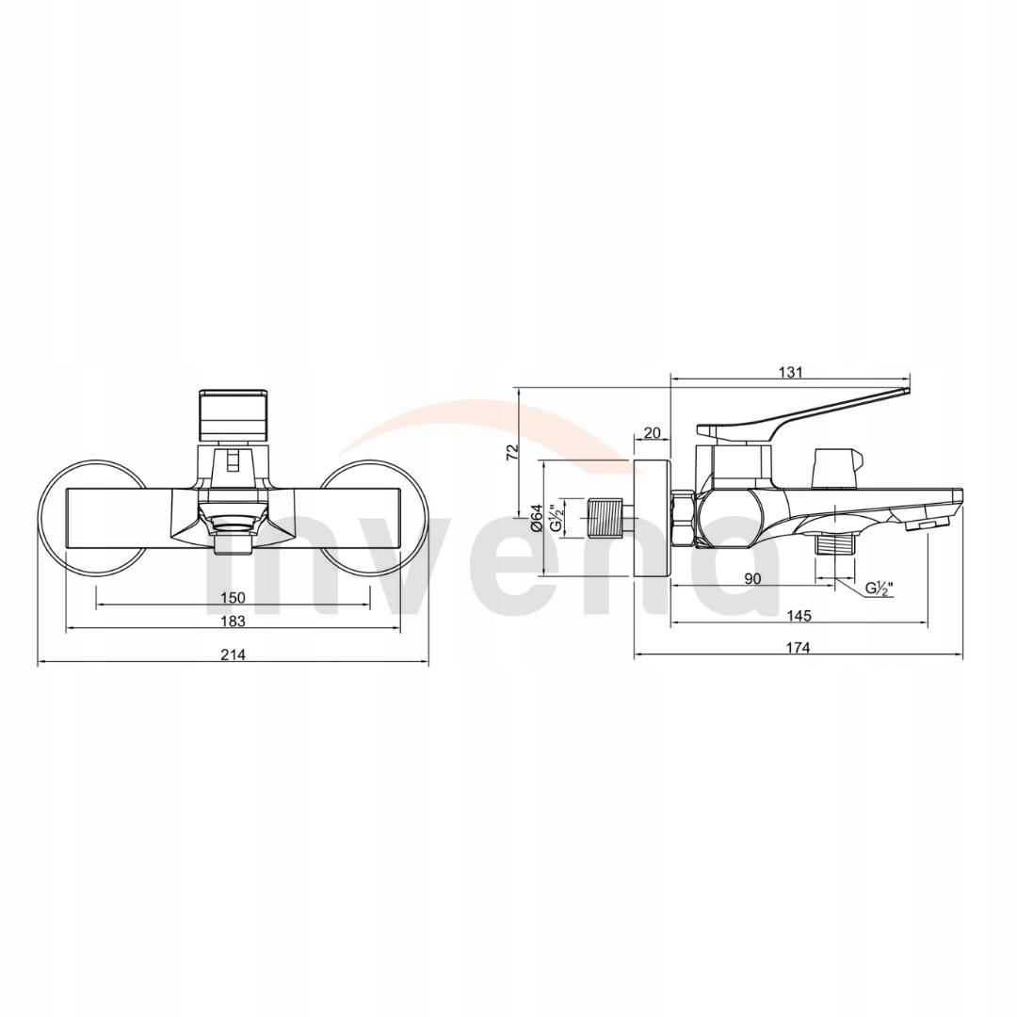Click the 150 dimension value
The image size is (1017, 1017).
point(233,597)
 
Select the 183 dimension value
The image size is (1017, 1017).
point(233,621)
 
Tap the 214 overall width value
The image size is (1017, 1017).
point(233,655)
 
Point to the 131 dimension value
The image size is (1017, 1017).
point(791,372)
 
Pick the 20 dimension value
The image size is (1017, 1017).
point(652,433)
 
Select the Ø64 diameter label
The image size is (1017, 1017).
point(536,519)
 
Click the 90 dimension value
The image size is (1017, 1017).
point(752,579)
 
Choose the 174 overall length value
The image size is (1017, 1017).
point(799,647)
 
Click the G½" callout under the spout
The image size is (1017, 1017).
point(880,589)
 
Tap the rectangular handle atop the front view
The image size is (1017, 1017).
point(233,412)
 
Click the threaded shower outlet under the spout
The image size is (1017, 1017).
point(833,543)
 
